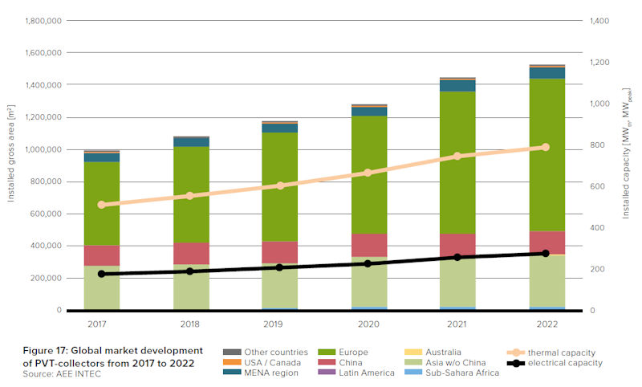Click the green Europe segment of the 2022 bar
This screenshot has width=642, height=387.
coord(546,153)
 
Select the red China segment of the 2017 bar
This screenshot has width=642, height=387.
coord(102,255)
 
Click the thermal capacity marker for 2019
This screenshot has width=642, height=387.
coord(280,185)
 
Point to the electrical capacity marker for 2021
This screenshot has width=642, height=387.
coord(457,257)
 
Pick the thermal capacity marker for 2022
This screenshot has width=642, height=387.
coord(546,147)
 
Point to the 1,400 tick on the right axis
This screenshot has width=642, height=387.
coord(600,20)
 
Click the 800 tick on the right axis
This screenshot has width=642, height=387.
coord(598,145)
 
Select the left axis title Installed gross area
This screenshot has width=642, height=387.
coord(12,165)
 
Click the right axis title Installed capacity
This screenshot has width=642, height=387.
coord(626,165)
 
